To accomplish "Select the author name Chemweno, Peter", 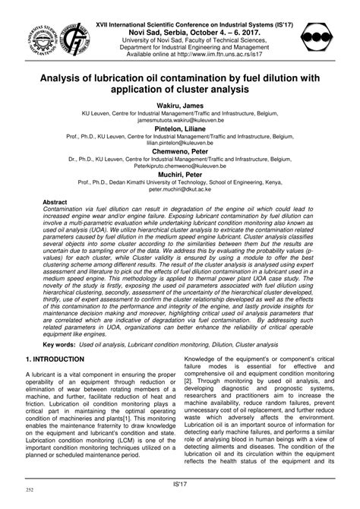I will (179, 153).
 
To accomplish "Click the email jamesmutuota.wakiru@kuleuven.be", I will (180, 120).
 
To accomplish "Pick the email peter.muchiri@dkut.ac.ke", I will (180, 192).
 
